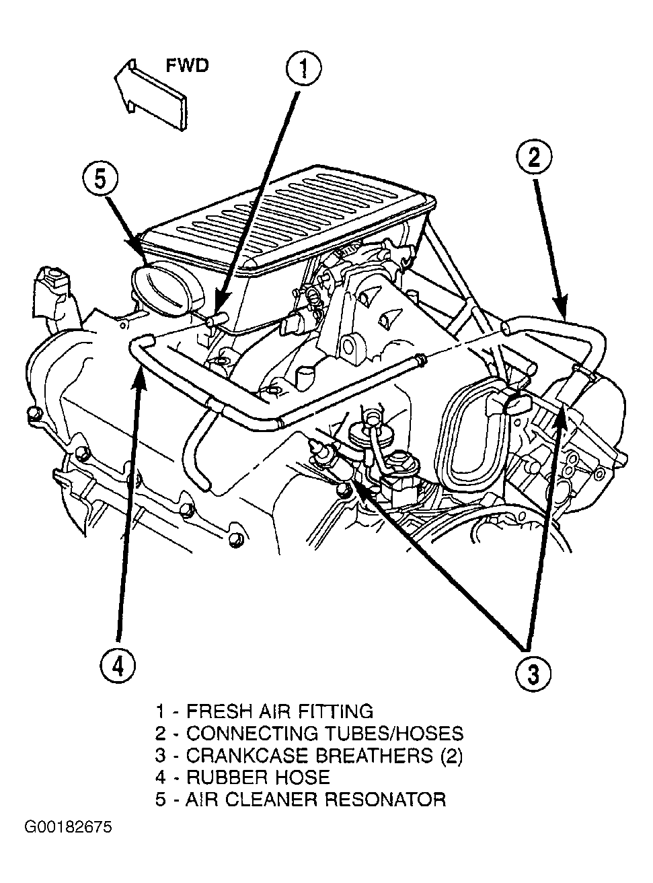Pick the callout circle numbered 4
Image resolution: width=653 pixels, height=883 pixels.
117,666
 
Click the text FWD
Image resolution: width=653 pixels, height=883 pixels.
187,65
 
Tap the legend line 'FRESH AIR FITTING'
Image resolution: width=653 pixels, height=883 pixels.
264,711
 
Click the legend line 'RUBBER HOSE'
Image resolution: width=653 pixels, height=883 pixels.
243,777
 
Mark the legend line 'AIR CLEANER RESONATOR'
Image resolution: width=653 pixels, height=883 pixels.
301,800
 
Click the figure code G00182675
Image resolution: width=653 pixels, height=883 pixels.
69,826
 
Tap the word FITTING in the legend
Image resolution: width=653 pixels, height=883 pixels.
336,711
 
